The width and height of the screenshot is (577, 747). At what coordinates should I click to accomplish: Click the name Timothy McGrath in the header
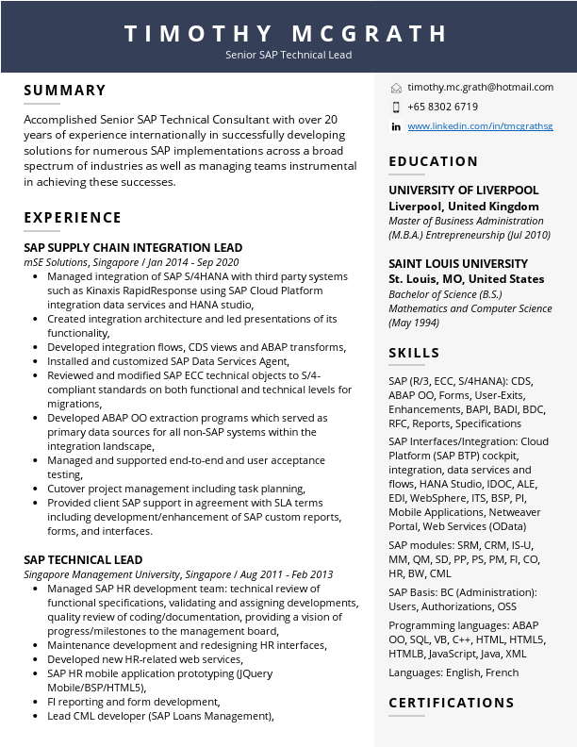pos(288,34)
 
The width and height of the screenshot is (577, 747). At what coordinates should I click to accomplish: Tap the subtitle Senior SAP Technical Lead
pos(288,55)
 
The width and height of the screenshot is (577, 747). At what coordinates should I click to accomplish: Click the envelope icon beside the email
pos(396,88)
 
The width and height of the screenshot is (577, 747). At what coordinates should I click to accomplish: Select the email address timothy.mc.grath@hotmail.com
pos(480,87)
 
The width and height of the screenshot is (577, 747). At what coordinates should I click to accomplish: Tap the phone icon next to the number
pos(396,107)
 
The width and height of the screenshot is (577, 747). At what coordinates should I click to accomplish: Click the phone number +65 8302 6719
pos(442,107)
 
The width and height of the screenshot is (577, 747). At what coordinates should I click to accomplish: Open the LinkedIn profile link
pos(480,126)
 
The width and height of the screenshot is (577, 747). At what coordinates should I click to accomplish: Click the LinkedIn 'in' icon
pos(396,126)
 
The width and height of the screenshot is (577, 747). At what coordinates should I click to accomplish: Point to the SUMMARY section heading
pos(65,91)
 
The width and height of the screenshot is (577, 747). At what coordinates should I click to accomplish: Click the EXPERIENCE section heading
pos(73,218)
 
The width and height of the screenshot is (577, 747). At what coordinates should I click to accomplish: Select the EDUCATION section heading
pos(434,162)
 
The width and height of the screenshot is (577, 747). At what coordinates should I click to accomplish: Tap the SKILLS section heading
pos(414,354)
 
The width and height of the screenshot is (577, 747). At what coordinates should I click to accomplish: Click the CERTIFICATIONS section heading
pos(452,703)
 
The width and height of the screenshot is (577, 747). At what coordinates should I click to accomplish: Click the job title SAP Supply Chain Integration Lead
pos(133,248)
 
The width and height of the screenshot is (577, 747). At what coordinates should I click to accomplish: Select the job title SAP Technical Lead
pos(83,559)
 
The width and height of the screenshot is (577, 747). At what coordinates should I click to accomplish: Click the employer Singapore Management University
pos(102,574)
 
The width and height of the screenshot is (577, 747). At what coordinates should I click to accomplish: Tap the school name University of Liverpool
pos(464,191)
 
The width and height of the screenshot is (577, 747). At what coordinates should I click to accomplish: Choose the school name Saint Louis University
pos(458,264)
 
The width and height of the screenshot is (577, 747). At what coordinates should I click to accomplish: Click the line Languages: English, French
pos(453,672)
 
